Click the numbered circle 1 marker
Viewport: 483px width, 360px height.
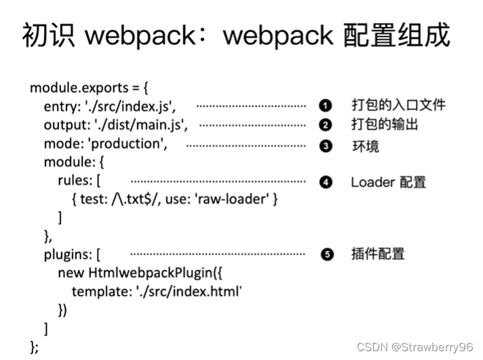tap(326, 105)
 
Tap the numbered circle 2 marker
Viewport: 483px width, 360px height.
tap(326, 125)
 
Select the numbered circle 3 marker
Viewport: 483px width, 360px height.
tap(326, 145)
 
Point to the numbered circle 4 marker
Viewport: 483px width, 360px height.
tap(326, 182)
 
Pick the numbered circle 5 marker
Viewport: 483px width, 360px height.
tap(326, 255)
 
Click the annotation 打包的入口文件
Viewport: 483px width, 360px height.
tap(398, 105)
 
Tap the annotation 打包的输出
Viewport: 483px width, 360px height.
tap(385, 125)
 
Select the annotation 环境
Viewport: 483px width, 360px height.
tap(365, 146)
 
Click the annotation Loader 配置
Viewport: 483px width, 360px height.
tap(388, 182)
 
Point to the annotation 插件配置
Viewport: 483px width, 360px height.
tap(378, 255)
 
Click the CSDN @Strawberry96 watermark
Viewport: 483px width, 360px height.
tap(414, 347)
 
